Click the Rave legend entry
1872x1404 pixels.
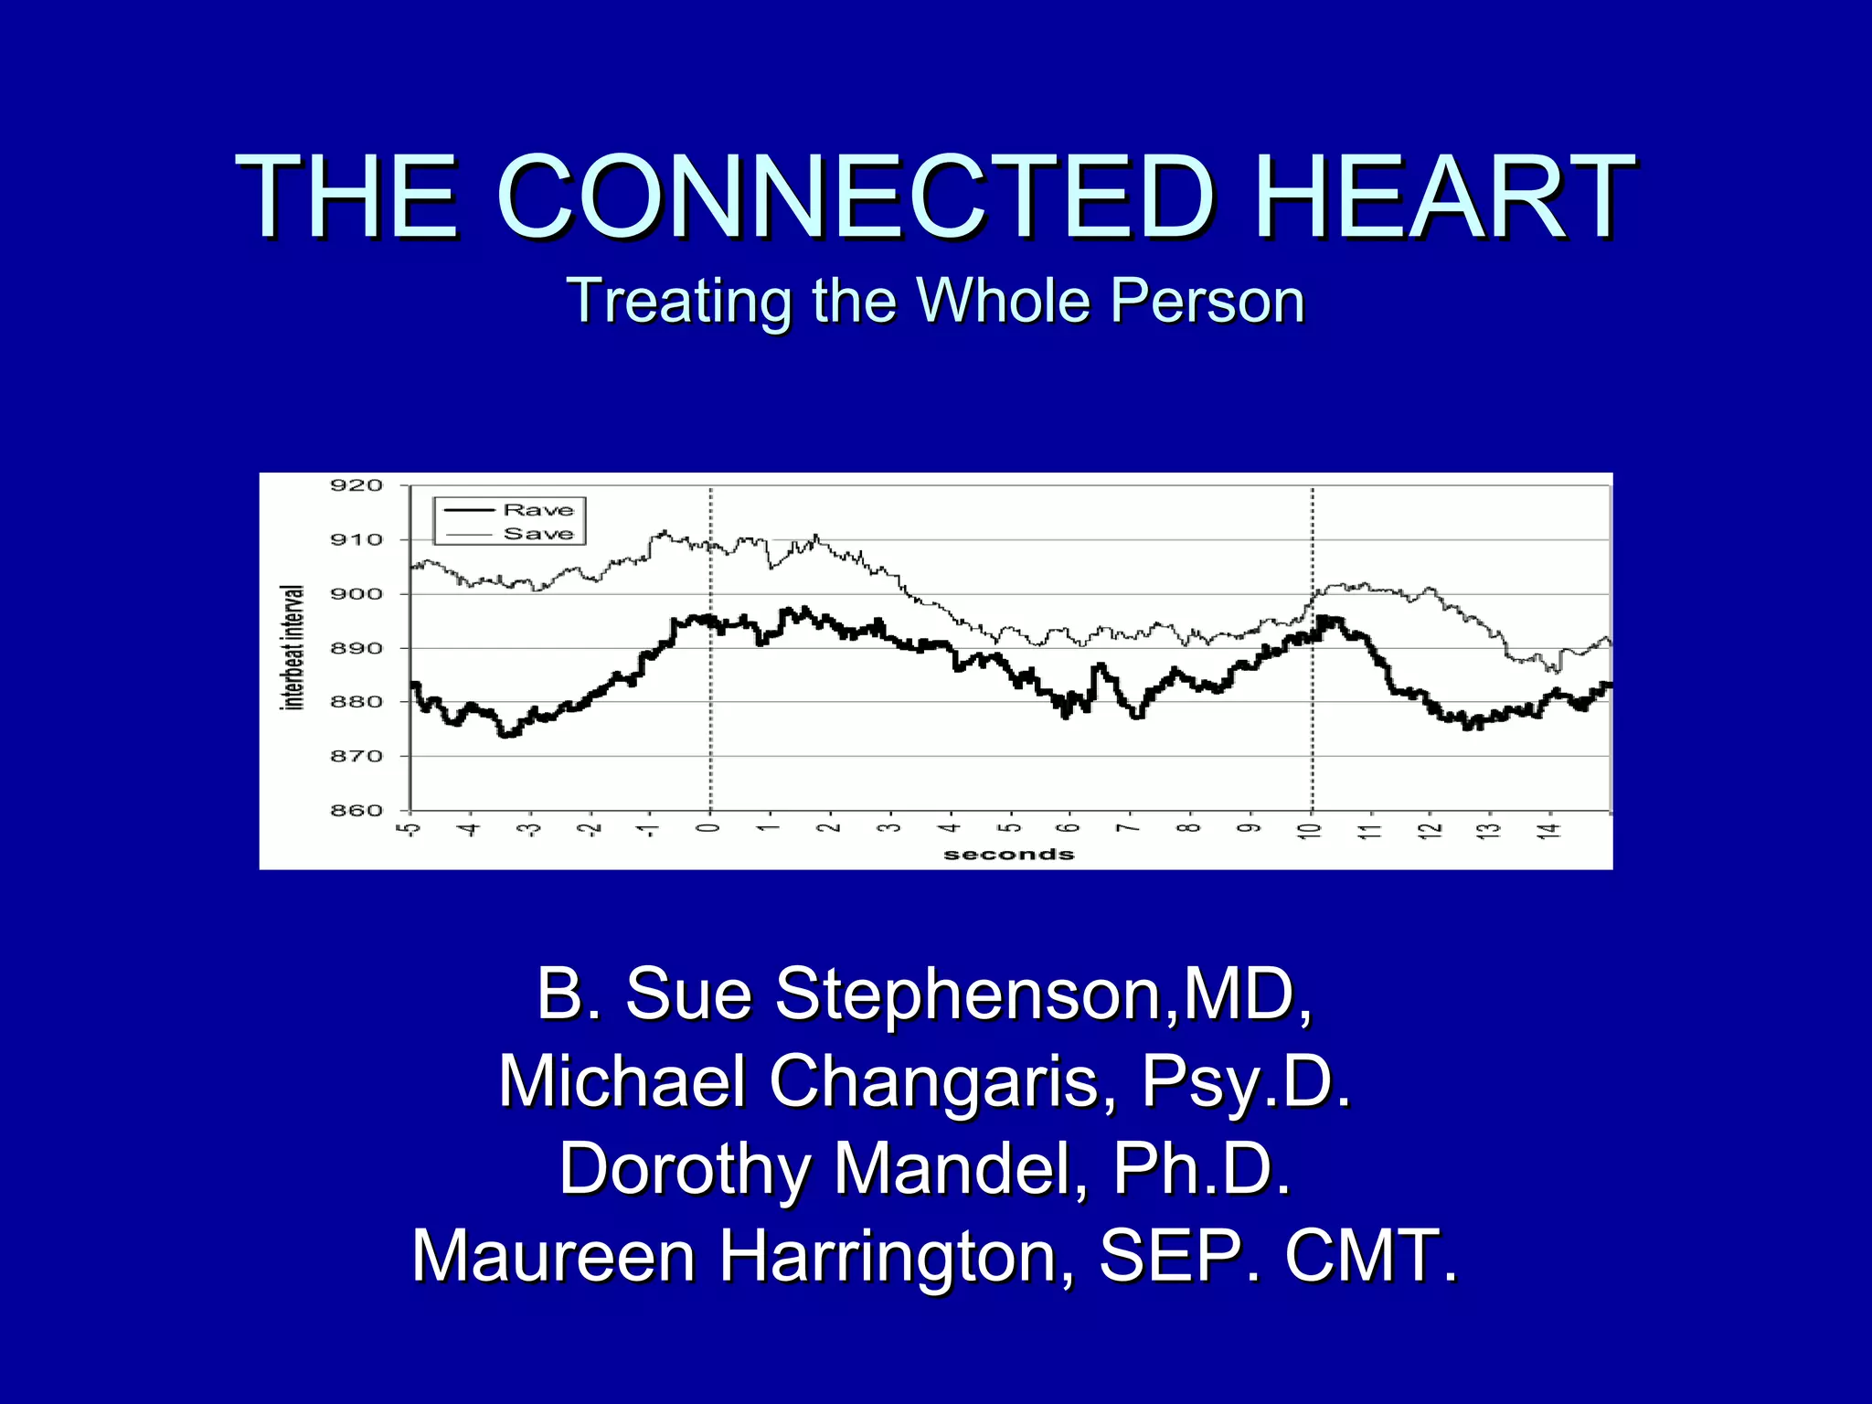[538, 509]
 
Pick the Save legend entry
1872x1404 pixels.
[538, 533]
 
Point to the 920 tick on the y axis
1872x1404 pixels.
[356, 485]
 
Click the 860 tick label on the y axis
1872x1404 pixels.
[356, 811]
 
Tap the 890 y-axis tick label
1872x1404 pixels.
[356, 648]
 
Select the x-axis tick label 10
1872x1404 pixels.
[1312, 831]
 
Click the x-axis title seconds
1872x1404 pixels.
[1008, 855]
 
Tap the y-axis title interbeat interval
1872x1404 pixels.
[293, 647]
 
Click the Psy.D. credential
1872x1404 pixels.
[1247, 1081]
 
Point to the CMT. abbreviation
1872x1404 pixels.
[1371, 1256]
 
